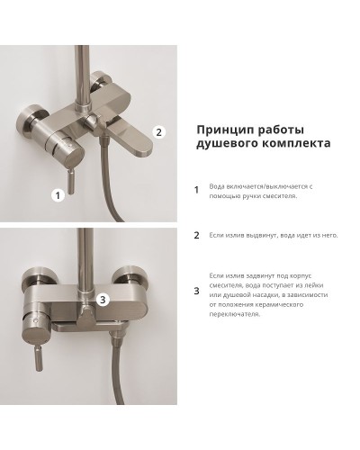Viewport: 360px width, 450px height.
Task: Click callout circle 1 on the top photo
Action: coord(58,193)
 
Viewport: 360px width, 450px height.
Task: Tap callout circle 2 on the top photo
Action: coord(158,131)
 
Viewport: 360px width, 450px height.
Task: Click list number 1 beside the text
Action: coord(197,190)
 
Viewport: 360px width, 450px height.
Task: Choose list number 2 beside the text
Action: coord(197,236)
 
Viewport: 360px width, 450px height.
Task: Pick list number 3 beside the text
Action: coord(197,290)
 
